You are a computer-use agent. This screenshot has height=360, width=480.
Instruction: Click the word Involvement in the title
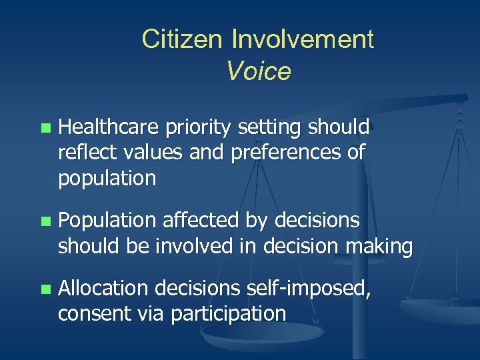[x=303, y=39]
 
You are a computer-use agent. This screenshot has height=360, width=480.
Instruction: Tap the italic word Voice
[x=259, y=71]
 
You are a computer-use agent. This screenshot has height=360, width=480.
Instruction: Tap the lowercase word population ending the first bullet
[x=107, y=179]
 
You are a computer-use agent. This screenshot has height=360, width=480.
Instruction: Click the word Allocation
[x=104, y=289]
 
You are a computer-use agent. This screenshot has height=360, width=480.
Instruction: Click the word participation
[x=228, y=314]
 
